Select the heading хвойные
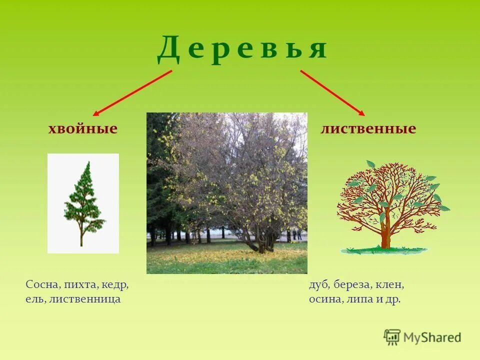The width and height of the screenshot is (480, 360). tap(82, 129)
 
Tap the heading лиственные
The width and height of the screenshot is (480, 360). tap(368, 129)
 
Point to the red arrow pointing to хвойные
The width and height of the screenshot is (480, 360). tap(132, 93)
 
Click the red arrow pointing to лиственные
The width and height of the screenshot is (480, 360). tap(332, 93)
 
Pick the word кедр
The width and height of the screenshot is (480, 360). tap(115, 285)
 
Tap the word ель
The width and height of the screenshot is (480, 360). tap(35, 299)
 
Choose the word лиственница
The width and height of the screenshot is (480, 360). tap(85, 299)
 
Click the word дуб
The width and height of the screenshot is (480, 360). tap(318, 285)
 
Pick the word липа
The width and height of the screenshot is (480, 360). tap(355, 299)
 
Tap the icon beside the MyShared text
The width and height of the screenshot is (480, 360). tap(392, 337)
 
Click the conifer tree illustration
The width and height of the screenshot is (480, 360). tap(82, 202)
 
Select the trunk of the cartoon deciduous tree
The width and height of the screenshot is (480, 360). tap(385, 235)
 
